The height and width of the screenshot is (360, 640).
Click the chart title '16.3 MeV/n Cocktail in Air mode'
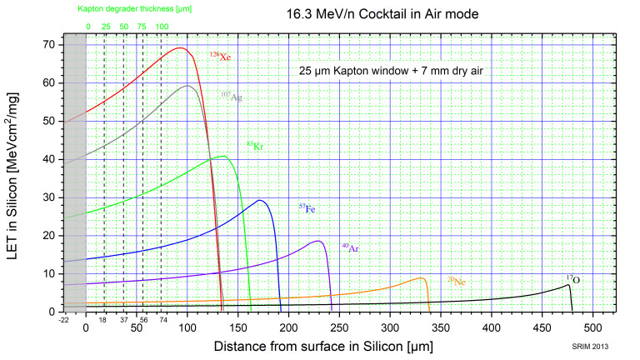[397, 14]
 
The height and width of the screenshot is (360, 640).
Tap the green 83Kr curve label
[254, 146]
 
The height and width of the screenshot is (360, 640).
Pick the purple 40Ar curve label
[350, 247]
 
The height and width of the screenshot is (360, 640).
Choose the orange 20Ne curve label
[457, 281]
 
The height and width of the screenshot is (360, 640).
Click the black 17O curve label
[573, 279]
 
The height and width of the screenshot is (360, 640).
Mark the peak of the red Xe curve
[179, 47]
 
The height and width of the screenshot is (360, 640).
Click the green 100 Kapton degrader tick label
[162, 27]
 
